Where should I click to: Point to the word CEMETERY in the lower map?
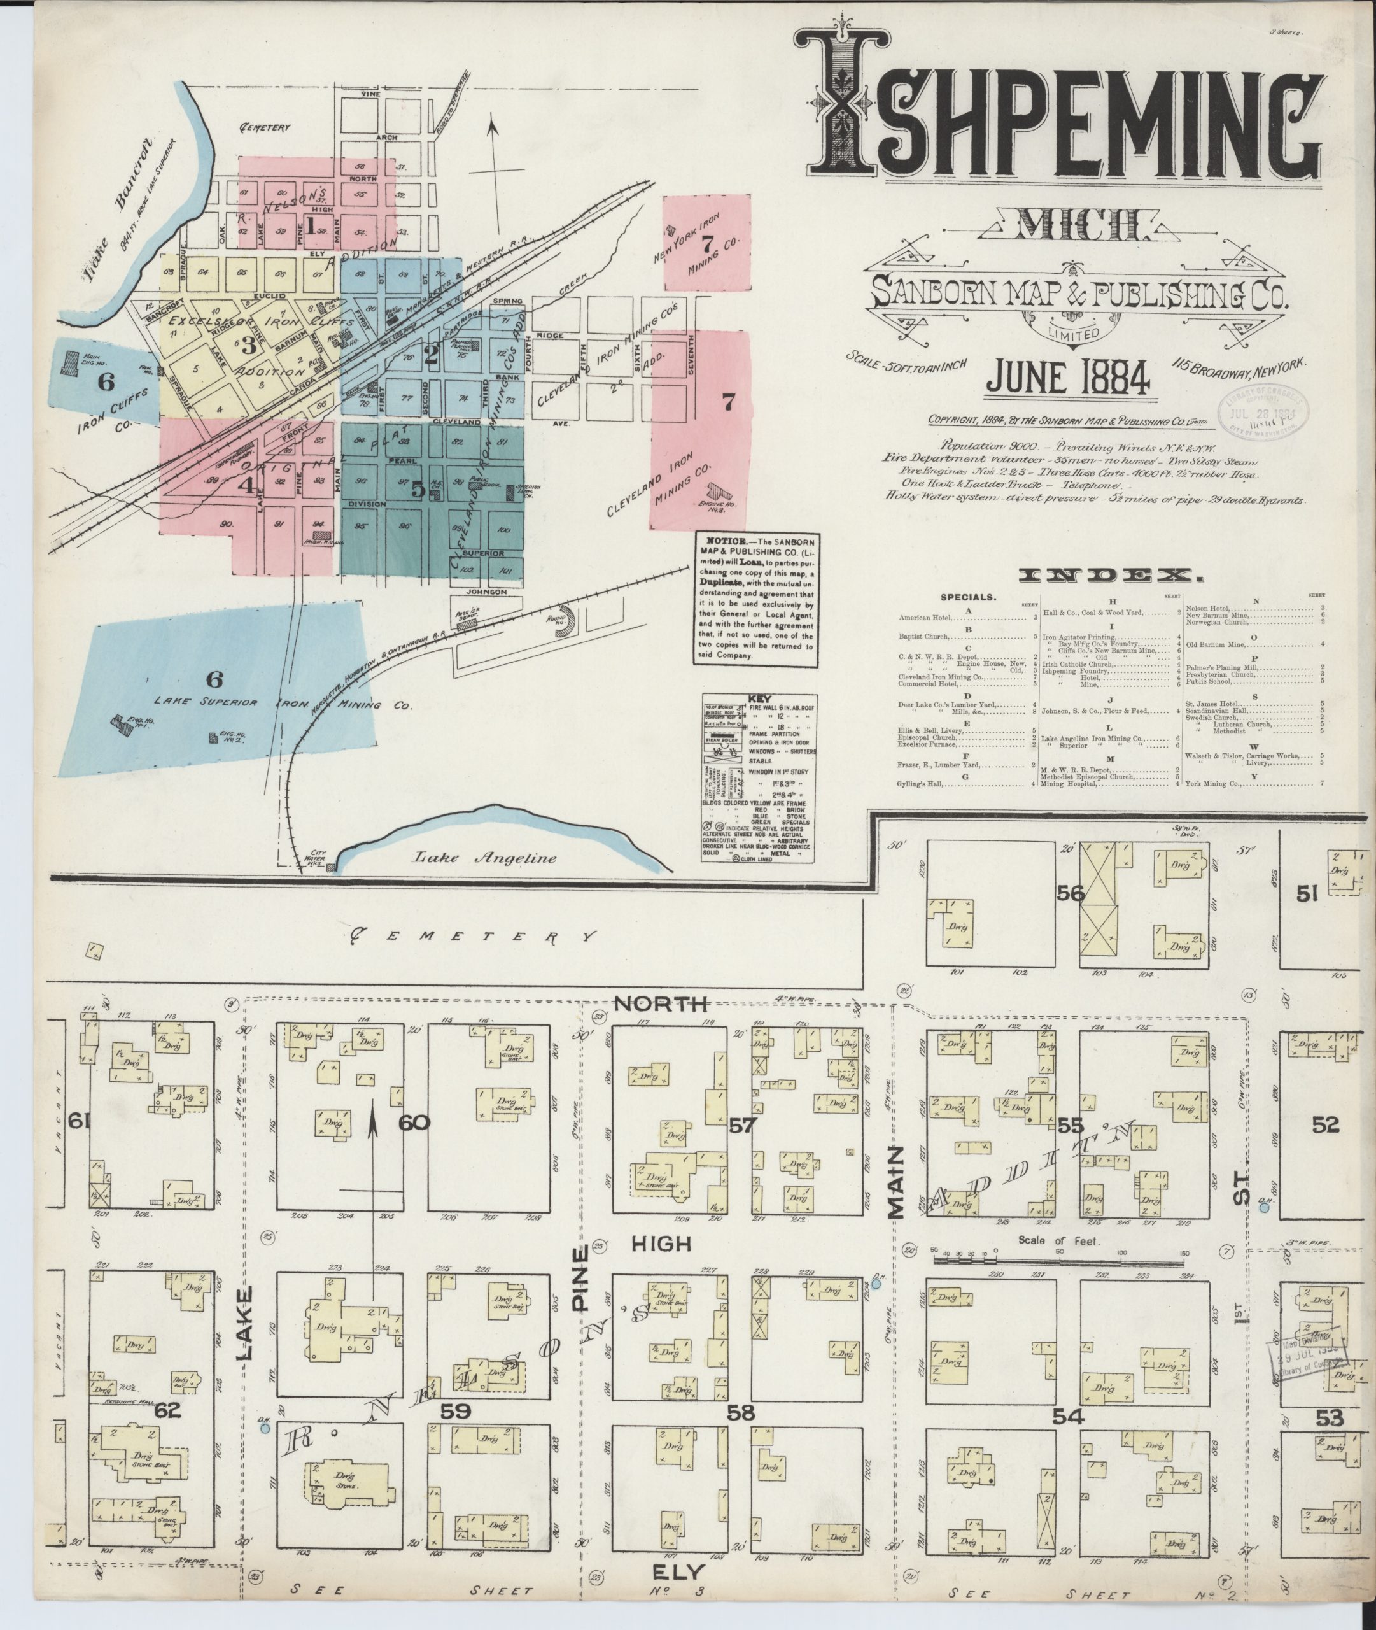pyautogui.click(x=472, y=935)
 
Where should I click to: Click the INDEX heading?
pyautogui.click(x=1111, y=576)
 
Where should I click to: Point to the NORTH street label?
pyautogui.click(x=661, y=1004)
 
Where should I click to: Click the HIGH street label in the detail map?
pyautogui.click(x=661, y=1244)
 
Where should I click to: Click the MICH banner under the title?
pyautogui.click(x=1079, y=226)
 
